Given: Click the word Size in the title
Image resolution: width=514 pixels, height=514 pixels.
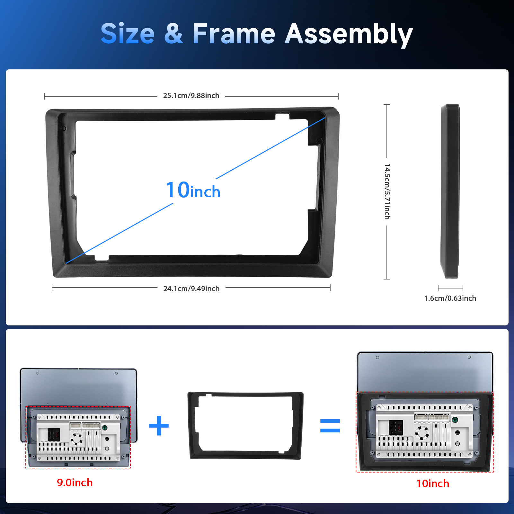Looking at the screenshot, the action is (x=128, y=34).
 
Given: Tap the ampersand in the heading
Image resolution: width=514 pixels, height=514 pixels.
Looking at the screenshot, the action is (x=173, y=34).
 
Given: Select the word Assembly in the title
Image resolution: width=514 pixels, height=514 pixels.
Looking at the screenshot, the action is (x=349, y=35).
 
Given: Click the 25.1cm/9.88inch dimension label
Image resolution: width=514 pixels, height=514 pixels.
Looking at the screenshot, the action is (x=191, y=96).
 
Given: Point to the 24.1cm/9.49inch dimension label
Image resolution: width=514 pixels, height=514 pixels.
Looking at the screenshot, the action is (x=191, y=288).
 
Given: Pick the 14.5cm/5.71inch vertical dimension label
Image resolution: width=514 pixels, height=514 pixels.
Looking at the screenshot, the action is (x=387, y=191).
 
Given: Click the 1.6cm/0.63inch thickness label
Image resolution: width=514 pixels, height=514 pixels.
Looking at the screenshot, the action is (x=450, y=298).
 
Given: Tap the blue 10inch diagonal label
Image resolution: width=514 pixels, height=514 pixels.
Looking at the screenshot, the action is (x=193, y=190).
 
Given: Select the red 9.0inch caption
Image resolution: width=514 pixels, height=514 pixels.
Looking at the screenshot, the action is (x=75, y=483).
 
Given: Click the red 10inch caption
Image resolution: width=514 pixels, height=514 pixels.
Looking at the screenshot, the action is (x=433, y=483).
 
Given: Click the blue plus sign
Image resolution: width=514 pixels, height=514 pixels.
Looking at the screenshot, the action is (x=159, y=426).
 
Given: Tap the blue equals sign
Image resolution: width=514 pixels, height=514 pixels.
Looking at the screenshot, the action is (x=330, y=426).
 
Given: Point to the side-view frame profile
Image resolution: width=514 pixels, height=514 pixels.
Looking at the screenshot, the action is (x=450, y=191).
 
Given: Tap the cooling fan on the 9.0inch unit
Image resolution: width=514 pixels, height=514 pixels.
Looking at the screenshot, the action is (x=76, y=439).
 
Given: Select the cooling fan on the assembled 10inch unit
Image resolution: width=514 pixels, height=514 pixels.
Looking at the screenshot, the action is (x=422, y=433).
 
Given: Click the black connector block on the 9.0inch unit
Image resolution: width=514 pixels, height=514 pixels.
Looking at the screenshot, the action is (x=54, y=435).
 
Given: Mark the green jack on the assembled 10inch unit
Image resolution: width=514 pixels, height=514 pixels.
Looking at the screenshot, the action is (x=455, y=420).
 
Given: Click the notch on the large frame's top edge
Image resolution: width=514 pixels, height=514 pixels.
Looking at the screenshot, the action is (x=283, y=116).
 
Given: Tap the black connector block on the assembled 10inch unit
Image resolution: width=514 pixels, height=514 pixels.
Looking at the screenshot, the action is (x=396, y=428).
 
